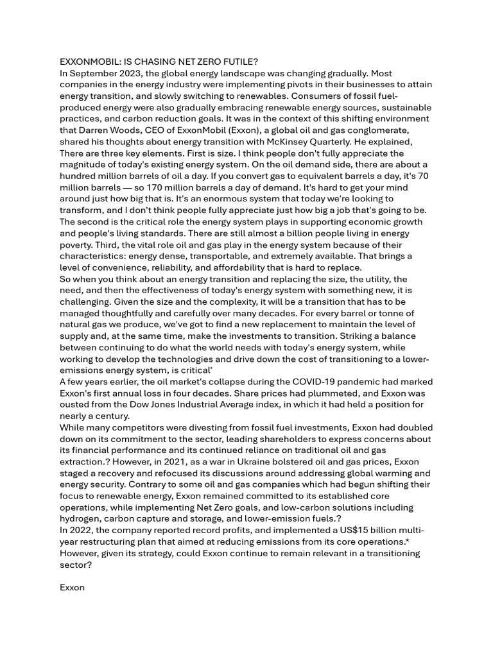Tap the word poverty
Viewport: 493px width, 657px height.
point(79,244)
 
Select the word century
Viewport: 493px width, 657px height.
point(111,416)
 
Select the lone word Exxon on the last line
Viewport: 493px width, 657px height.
point(72,588)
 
